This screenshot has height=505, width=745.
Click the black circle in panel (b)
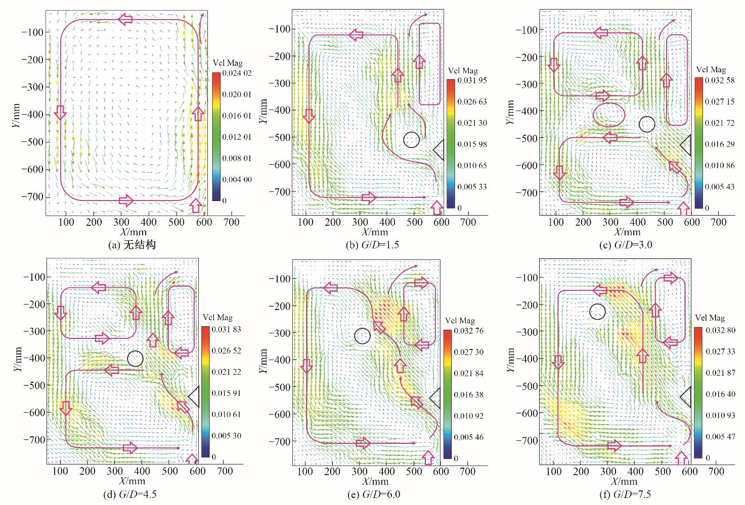pyautogui.click(x=412, y=139)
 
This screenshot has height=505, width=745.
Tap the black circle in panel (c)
pyautogui.click(x=647, y=124)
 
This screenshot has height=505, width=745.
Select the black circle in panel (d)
pyautogui.click(x=135, y=359)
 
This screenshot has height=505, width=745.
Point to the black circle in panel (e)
pyautogui.click(x=362, y=336)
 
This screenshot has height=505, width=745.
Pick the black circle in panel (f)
pyautogui.click(x=597, y=311)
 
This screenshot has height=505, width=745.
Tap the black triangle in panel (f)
pyautogui.click(x=686, y=397)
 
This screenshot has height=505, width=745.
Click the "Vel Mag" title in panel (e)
pyautogui.click(x=460, y=321)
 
